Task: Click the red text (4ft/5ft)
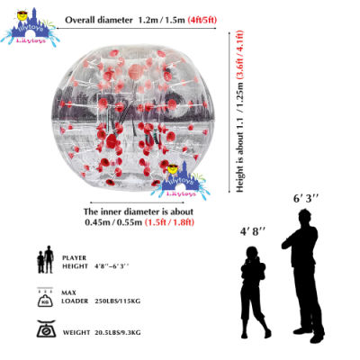click(x=202, y=20)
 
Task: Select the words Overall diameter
click(x=99, y=20)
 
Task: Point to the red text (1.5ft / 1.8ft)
click(x=169, y=222)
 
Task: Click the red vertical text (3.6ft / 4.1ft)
click(x=239, y=54)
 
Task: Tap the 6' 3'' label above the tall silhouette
click(x=306, y=199)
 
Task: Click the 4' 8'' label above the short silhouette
click(x=253, y=231)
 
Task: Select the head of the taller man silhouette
click(x=304, y=216)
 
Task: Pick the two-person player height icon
click(x=45, y=259)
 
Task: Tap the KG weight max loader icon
click(x=45, y=297)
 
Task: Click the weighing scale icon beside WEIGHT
click(x=46, y=328)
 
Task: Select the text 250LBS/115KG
click(x=117, y=301)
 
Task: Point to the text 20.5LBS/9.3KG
click(x=118, y=332)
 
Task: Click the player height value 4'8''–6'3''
click(x=112, y=266)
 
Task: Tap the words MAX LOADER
click(x=75, y=297)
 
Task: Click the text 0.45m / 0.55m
click(x=113, y=222)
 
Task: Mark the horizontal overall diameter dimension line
click(x=136, y=29)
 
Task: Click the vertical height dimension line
click(x=229, y=112)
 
